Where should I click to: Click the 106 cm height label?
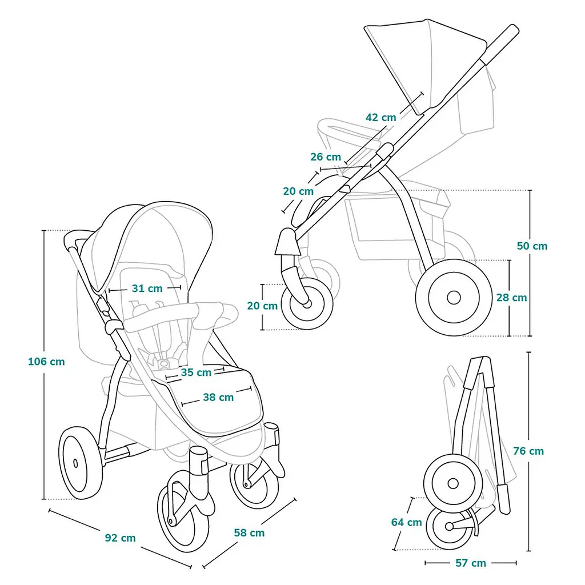click(x=46, y=361)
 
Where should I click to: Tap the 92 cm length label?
click(x=120, y=538)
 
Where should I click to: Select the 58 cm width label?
click(x=249, y=532)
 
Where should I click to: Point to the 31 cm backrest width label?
click(x=147, y=288)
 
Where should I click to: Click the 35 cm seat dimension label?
click(x=196, y=372)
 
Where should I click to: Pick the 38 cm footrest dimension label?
click(x=218, y=397)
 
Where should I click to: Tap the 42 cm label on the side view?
click(x=380, y=117)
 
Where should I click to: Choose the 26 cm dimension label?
click(x=326, y=157)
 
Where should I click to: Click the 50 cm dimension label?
click(x=532, y=246)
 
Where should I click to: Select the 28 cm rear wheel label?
click(x=511, y=297)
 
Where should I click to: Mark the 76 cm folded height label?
click(x=528, y=451)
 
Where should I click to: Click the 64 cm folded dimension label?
click(x=406, y=522)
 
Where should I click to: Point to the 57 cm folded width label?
click(x=471, y=563)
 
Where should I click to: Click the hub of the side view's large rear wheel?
click(x=454, y=298)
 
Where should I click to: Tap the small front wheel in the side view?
click(x=307, y=304)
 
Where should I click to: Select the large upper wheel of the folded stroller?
click(x=453, y=483)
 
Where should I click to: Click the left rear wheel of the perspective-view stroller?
click(x=81, y=463)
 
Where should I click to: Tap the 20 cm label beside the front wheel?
click(x=262, y=306)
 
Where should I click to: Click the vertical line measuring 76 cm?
click(x=528, y=451)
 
